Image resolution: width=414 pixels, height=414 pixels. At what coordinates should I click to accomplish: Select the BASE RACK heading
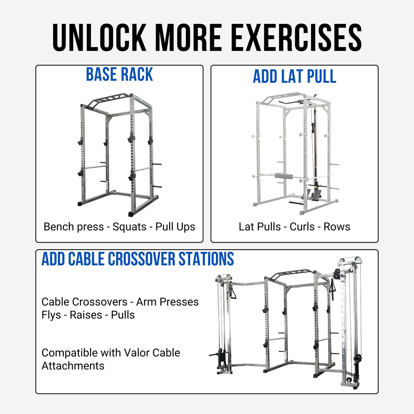pos(119,75)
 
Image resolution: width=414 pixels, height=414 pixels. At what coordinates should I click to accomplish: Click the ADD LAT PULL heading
pos(294,76)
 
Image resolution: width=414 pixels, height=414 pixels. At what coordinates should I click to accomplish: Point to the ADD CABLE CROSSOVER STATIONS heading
pos(138,259)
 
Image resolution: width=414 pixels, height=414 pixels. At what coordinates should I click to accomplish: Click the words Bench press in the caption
pos(73,227)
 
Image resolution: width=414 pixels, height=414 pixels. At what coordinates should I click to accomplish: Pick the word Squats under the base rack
pos(129,227)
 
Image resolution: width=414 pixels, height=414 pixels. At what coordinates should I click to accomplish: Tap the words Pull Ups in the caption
pos(175,227)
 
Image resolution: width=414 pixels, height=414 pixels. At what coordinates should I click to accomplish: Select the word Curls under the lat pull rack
pos(302,227)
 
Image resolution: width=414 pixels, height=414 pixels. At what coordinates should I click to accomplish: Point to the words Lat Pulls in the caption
pos(259,227)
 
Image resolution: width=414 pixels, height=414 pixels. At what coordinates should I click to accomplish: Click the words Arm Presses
pos(167,302)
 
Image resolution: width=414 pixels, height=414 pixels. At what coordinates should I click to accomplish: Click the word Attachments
pos(73,366)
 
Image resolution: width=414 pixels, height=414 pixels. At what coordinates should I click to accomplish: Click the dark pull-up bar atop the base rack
pos(106,100)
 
